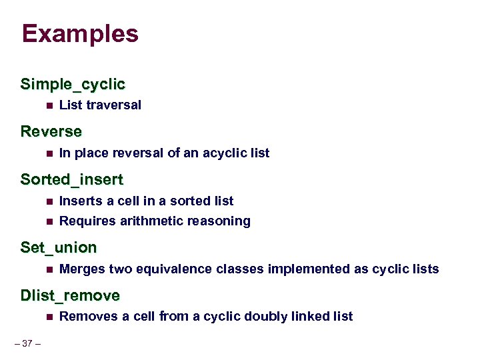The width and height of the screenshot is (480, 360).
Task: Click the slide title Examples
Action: [x=79, y=34]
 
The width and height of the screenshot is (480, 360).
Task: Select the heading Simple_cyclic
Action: [x=73, y=85]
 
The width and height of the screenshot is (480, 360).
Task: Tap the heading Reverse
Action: [x=51, y=132]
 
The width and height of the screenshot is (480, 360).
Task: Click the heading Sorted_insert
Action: [x=72, y=180]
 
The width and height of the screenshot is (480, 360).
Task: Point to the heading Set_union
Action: [x=59, y=248]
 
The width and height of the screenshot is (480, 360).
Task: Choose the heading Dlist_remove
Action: [x=70, y=295]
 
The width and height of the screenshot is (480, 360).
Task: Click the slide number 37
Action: [x=27, y=344]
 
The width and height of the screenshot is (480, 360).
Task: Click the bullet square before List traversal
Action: [x=49, y=105]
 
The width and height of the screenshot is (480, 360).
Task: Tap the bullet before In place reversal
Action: [x=49, y=153]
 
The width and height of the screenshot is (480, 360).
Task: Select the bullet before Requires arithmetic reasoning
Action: [x=49, y=221]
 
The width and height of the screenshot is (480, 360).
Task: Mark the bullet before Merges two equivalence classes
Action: [x=49, y=269]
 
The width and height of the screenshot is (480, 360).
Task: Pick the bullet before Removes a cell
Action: [x=49, y=317]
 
